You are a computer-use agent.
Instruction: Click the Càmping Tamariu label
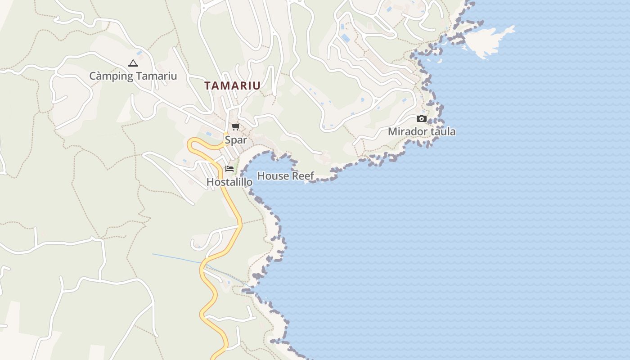pos(133,76)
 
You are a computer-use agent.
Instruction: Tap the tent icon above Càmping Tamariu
pos(133,63)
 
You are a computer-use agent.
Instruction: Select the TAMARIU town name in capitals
pos(232,85)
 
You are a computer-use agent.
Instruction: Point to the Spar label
pos(236,140)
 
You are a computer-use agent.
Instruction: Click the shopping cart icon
pos(236,126)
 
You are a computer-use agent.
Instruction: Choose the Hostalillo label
pos(229,182)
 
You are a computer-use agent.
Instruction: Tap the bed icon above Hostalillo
pos(229,169)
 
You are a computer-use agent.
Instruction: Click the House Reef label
pos(285,176)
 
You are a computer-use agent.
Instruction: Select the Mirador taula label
pos(422,132)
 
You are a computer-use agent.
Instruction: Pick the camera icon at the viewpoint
pos(422,119)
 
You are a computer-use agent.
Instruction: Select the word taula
pos(443,132)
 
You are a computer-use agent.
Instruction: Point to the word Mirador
pos(407,132)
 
